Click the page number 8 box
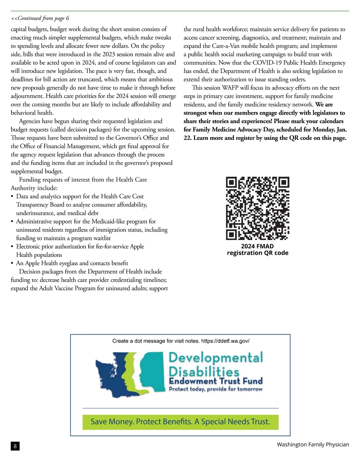(15, 446)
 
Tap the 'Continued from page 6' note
(40, 18)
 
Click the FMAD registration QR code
(257, 208)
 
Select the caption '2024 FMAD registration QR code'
(257, 250)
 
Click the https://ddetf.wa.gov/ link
(225, 341)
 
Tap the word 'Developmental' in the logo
(216, 358)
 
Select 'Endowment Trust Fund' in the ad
(216, 381)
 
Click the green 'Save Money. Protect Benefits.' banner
(180, 422)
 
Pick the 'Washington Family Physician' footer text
(313, 445)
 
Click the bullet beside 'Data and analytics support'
(12, 197)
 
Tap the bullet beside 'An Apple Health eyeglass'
(12, 264)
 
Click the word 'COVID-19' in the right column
(266, 63)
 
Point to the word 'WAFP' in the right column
(230, 88)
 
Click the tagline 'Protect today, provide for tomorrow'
(216, 389)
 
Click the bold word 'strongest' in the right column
(195, 113)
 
